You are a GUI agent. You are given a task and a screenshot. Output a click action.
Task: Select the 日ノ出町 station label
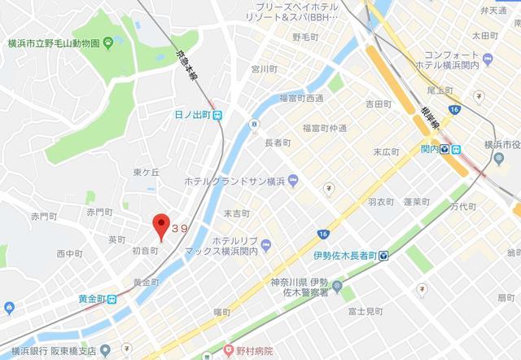tap(193, 116)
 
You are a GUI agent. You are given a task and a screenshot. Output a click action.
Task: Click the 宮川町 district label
tap(265, 68)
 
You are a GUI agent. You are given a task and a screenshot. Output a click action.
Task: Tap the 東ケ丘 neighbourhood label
tap(147, 172)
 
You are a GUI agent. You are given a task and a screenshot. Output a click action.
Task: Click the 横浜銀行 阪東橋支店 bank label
tap(58, 351)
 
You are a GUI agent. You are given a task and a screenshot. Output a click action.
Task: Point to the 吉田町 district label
tap(379, 104)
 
